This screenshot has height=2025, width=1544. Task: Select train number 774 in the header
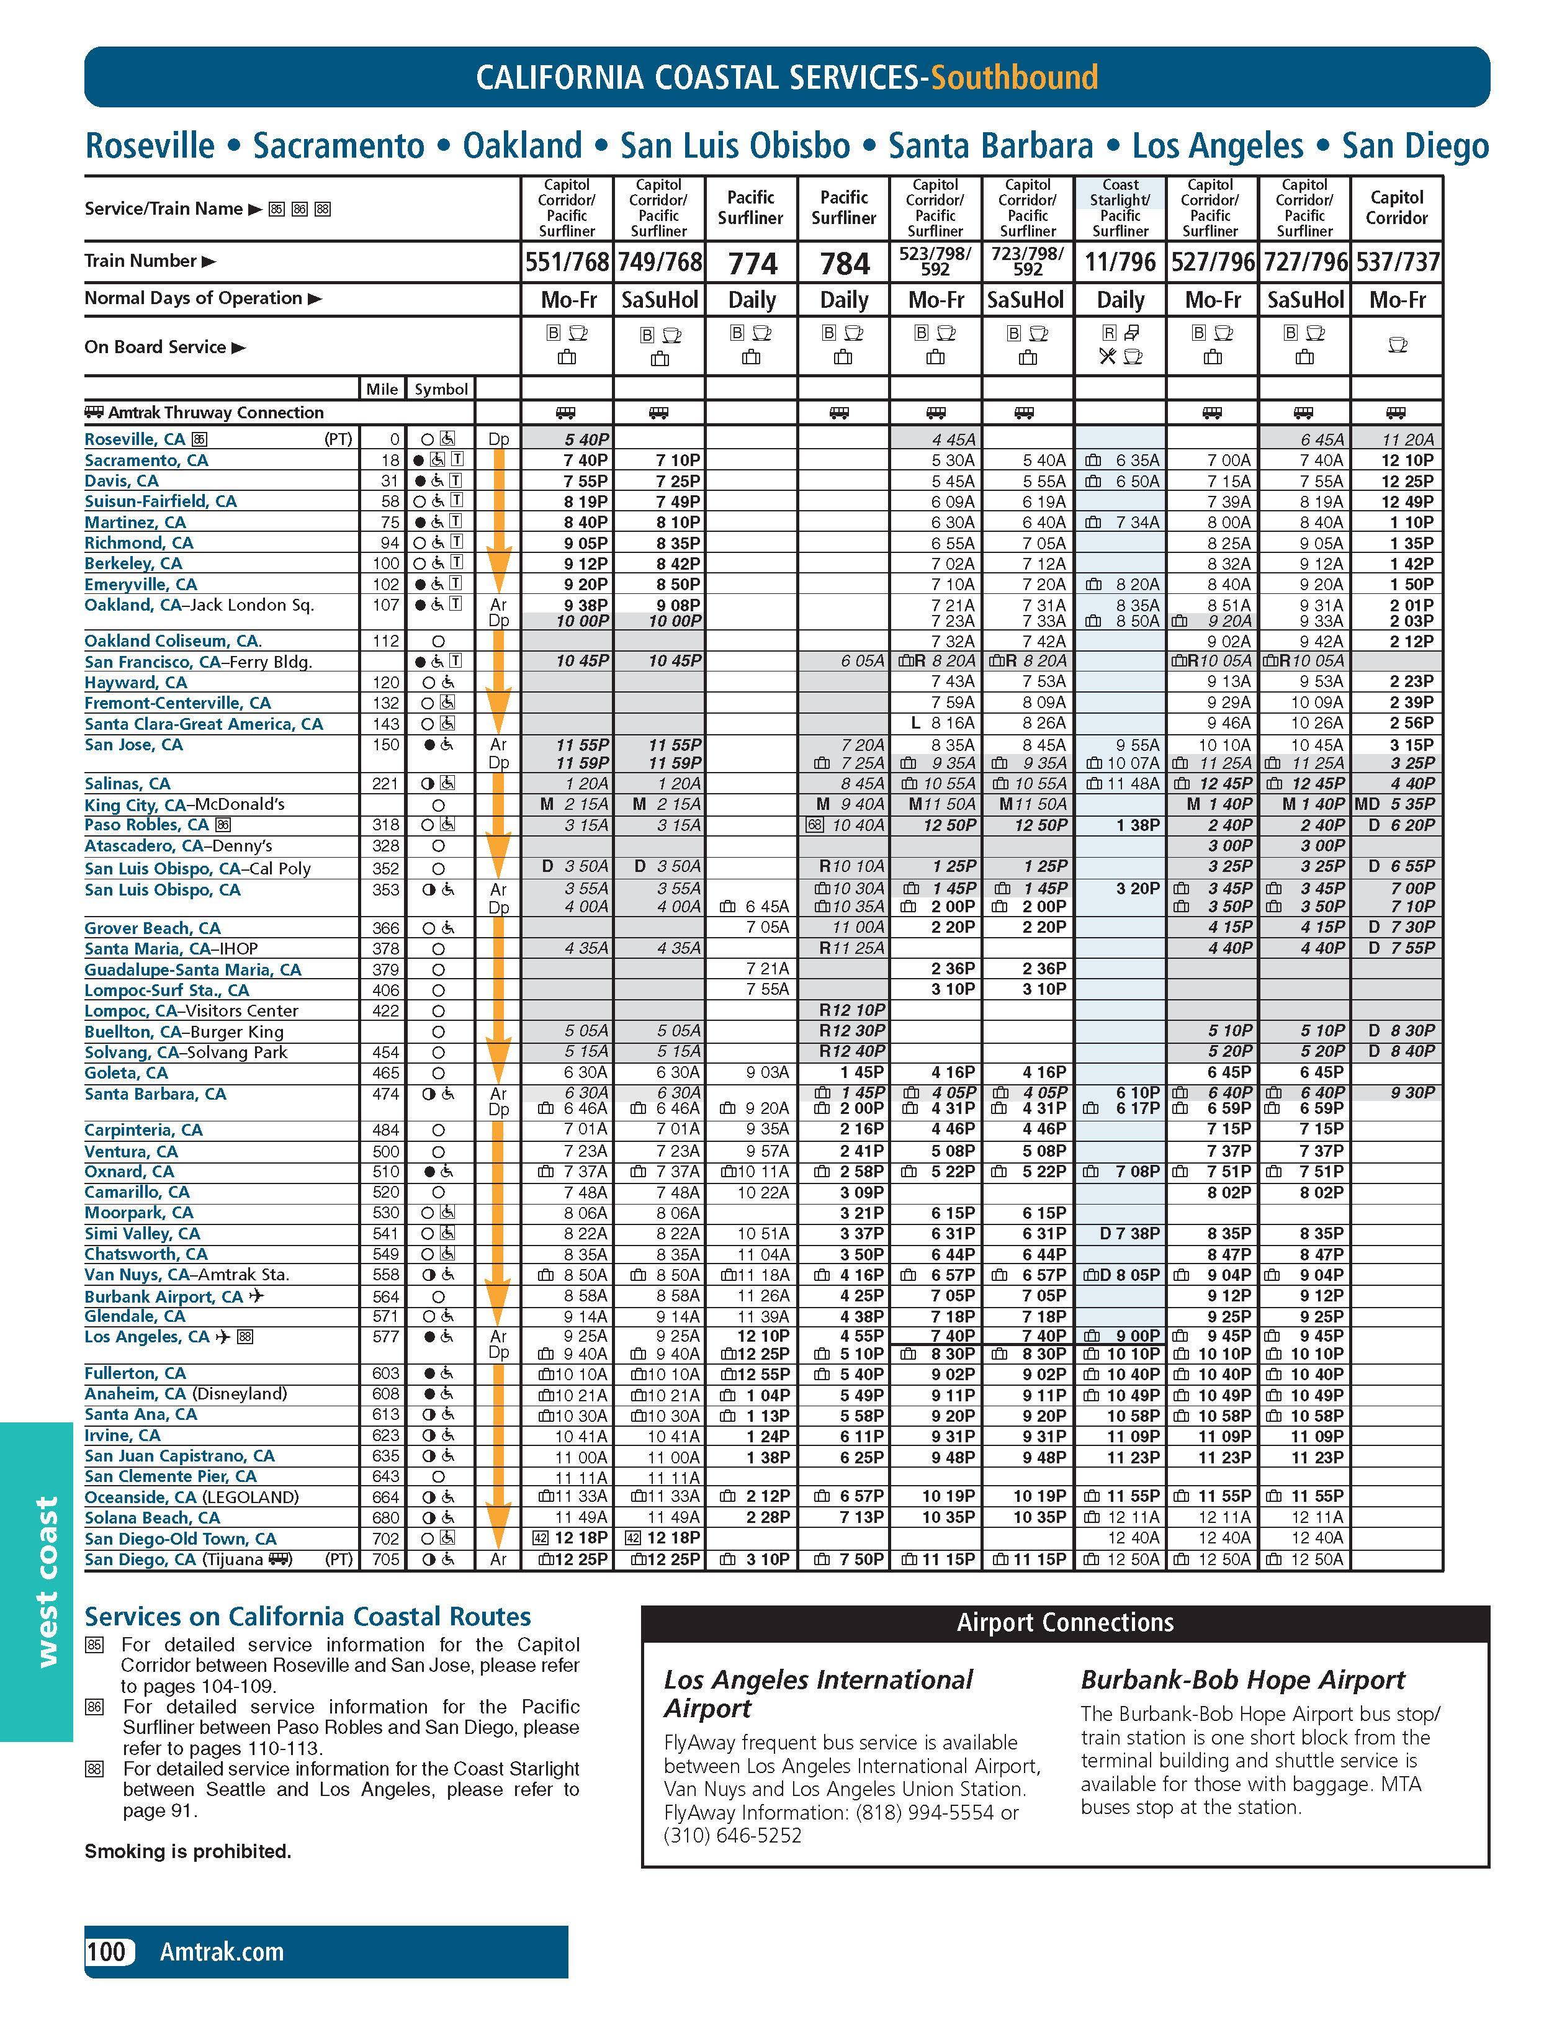(752, 264)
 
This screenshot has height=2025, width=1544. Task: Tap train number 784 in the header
(844, 264)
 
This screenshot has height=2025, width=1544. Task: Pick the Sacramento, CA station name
(146, 460)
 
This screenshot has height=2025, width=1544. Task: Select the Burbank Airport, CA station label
(164, 1296)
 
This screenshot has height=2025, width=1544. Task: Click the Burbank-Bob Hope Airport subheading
(1242, 1681)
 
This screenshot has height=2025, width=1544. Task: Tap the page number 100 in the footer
(107, 1952)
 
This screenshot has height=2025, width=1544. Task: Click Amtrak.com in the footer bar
(222, 1952)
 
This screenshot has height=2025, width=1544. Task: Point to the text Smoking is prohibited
(187, 1851)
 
